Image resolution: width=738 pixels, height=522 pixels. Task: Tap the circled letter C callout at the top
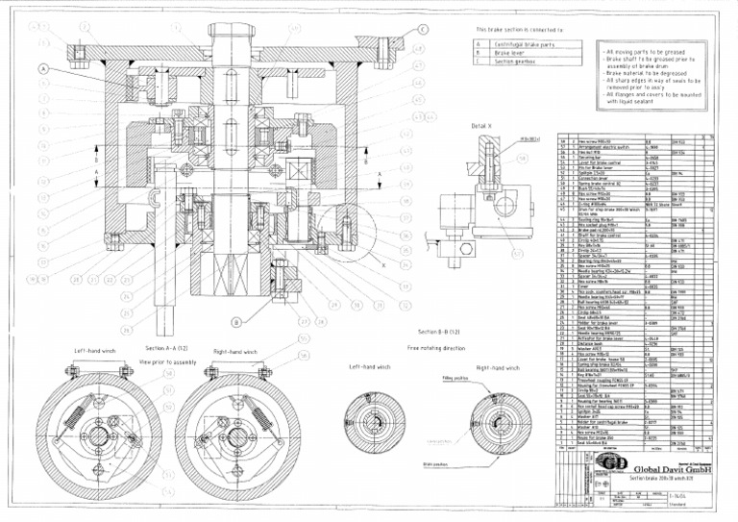422,29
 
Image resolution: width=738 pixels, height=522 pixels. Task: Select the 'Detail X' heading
482,125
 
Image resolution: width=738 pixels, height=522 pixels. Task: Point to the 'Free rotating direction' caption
435,347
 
